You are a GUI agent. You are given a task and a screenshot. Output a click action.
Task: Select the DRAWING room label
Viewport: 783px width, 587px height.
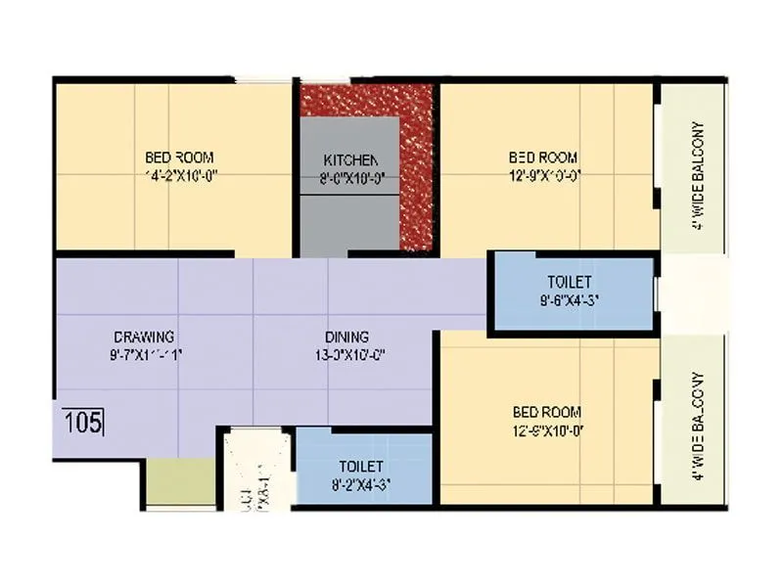[143, 338]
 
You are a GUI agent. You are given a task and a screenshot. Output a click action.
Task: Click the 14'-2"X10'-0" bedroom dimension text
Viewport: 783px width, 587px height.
[179, 177]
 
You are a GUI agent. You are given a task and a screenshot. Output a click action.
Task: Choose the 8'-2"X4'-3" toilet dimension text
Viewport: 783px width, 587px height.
[361, 484]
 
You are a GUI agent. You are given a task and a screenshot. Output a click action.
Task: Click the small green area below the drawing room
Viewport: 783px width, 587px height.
[180, 481]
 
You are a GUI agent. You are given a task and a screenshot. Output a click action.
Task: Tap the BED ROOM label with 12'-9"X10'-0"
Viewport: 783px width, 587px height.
[543, 158]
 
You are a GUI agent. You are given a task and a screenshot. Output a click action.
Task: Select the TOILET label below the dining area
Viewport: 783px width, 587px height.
[361, 467]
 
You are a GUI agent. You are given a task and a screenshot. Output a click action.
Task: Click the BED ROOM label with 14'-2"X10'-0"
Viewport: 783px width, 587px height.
[179, 158]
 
